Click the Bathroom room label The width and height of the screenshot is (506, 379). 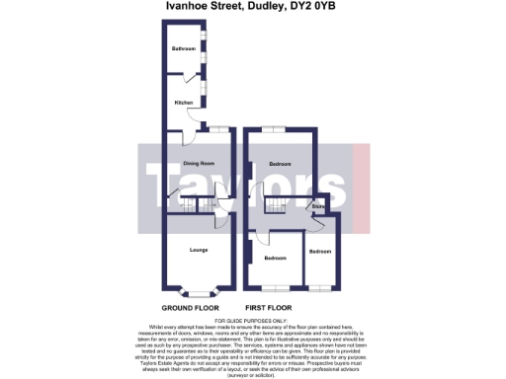[x=182, y=48]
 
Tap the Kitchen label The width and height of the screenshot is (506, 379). [x=184, y=102]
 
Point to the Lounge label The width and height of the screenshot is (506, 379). [x=198, y=249]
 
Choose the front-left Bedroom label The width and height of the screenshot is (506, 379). [x=275, y=258]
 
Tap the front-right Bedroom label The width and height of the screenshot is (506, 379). [x=319, y=251]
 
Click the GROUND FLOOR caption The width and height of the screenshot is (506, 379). [x=191, y=307]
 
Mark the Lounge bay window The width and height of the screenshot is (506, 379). [x=198, y=292]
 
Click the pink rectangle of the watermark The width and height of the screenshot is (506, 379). [x=360, y=183]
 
